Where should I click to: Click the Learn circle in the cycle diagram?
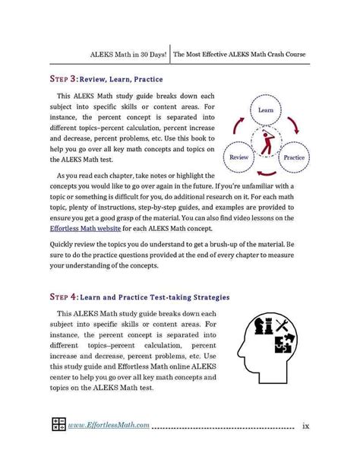[265, 110]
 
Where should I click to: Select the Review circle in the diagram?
[240, 158]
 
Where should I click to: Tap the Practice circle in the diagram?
[293, 158]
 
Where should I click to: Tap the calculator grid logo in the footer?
[58, 425]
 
